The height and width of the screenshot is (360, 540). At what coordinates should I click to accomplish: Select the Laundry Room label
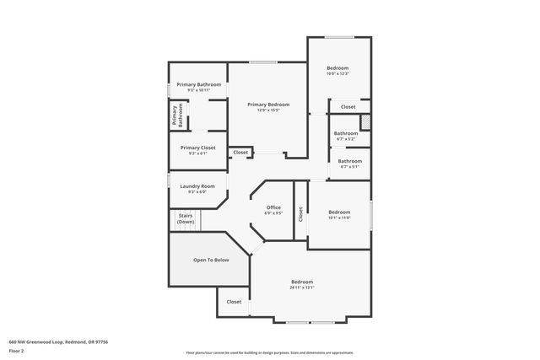pyautogui.click(x=197, y=185)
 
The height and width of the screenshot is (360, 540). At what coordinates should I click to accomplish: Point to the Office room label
pyautogui.click(x=273, y=207)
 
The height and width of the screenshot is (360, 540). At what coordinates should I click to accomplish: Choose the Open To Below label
pyautogui.click(x=211, y=260)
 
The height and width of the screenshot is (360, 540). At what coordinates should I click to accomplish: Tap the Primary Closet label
pyautogui.click(x=197, y=148)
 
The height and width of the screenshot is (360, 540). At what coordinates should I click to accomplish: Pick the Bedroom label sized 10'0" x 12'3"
pyautogui.click(x=337, y=68)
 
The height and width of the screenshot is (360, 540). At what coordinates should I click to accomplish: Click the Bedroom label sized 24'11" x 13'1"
pyautogui.click(x=302, y=282)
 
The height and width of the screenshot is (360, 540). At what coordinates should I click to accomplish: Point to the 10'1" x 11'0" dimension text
pyautogui.click(x=338, y=218)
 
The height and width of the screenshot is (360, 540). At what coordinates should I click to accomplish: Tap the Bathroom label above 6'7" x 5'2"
pyautogui.click(x=346, y=133)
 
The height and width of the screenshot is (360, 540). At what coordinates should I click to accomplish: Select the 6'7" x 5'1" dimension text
pyautogui.click(x=349, y=167)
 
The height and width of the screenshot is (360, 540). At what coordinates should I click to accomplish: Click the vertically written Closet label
pyautogui.click(x=300, y=215)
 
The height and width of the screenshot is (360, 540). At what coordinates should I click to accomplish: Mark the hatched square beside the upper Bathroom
pyautogui.click(x=365, y=122)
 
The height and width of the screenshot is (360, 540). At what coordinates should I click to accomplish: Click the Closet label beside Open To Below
pyautogui.click(x=234, y=302)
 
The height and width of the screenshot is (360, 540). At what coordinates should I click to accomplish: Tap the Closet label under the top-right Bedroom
pyautogui.click(x=348, y=107)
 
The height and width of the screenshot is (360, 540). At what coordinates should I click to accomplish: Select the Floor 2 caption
pyautogui.click(x=16, y=350)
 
